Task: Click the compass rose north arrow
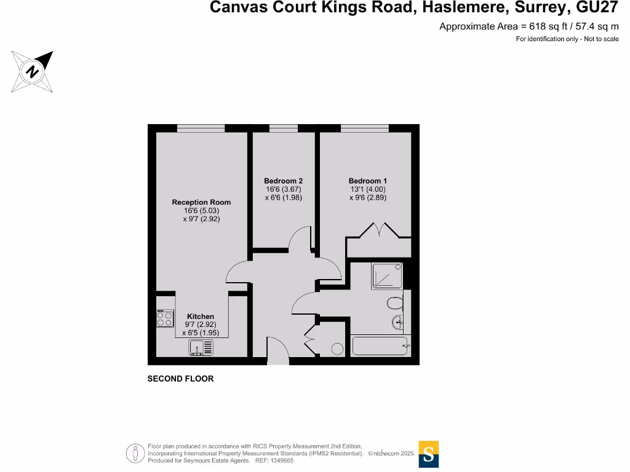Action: point(33,71)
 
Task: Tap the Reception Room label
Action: point(201,202)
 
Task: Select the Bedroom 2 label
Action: point(283,181)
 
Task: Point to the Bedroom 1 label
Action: point(367,181)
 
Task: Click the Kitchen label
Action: point(201,317)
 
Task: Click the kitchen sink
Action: point(200,348)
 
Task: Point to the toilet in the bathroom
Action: point(394,302)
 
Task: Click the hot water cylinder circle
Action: point(337,348)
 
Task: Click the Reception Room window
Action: point(201,128)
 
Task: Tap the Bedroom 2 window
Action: point(284,128)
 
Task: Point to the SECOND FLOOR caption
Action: point(180,379)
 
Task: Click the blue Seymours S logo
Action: point(428,454)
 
